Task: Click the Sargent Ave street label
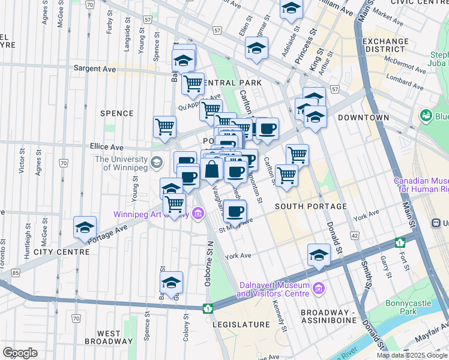[x=94, y=69]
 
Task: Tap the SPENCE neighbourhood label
[x=116, y=113]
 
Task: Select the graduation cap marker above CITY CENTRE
[x=85, y=228]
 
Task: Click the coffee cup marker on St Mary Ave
[x=235, y=211]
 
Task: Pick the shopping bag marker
[x=212, y=171]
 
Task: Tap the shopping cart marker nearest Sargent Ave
[x=193, y=84]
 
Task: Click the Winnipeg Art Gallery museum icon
[x=199, y=214]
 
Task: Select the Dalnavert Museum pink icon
[x=318, y=289]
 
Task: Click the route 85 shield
[x=15, y=273]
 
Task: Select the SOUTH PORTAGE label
[x=311, y=206]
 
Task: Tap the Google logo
[x=20, y=353]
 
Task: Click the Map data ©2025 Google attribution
[x=411, y=355]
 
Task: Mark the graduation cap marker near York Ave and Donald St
[x=319, y=256]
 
